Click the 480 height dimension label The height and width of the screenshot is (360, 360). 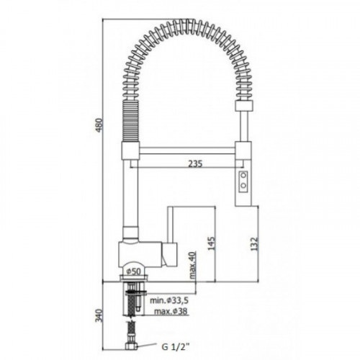(x=99, y=125)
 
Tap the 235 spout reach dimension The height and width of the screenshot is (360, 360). (x=195, y=163)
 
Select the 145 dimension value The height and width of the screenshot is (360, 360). (x=212, y=243)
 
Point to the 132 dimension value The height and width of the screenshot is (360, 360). (x=254, y=244)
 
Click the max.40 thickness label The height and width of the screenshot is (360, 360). (x=192, y=265)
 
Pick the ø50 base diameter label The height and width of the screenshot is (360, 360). (x=133, y=271)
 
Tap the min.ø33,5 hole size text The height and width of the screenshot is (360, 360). (x=169, y=300)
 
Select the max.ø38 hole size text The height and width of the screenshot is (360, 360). (x=171, y=311)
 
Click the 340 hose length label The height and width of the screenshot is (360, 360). (x=99, y=315)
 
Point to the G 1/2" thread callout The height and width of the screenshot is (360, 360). (x=175, y=347)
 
